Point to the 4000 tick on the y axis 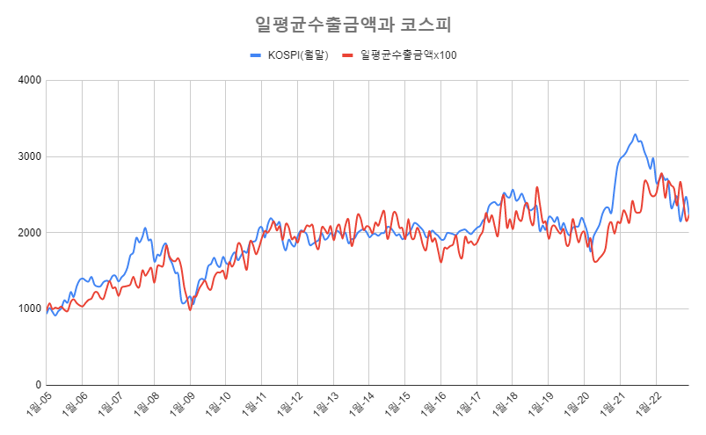coord(30,81)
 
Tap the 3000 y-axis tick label coord(30,156)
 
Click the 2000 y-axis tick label coord(30,233)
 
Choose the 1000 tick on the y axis coord(30,309)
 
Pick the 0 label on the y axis coord(38,385)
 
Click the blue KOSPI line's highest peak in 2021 coord(635,134)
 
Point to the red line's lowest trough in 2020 coord(595,262)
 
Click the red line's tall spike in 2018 coord(536,187)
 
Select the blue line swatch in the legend coord(256,55)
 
